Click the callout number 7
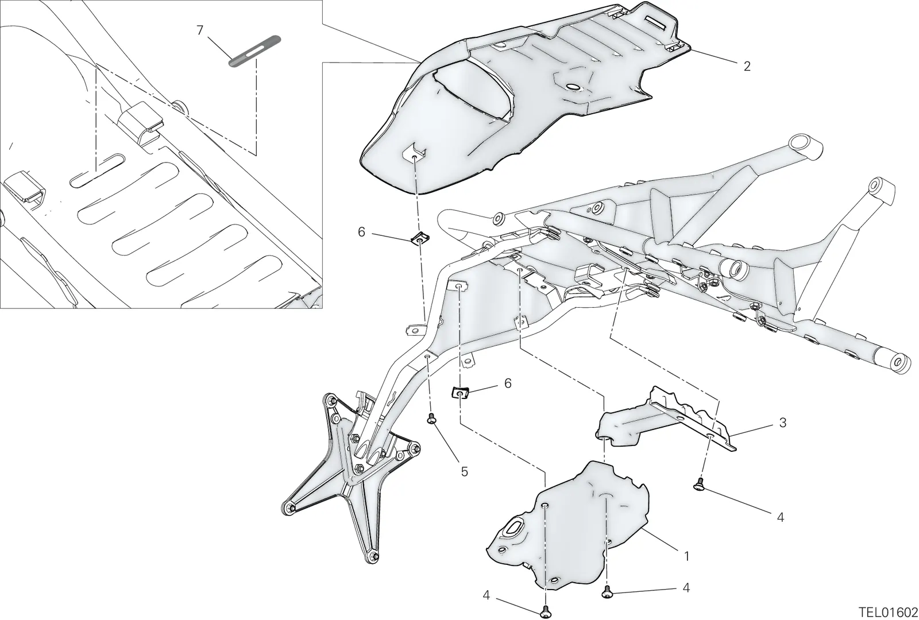[x=200, y=30]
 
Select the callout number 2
[x=747, y=67]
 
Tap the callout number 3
[x=783, y=423]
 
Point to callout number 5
[x=464, y=472]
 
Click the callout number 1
[x=687, y=556]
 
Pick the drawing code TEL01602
[x=887, y=612]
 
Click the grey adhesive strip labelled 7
[x=255, y=51]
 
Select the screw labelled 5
[x=431, y=419]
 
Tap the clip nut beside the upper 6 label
[x=419, y=238]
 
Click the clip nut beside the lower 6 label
[x=460, y=393]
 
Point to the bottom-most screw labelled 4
[x=546, y=611]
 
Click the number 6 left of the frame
[x=361, y=232]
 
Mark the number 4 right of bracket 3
[x=781, y=517]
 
